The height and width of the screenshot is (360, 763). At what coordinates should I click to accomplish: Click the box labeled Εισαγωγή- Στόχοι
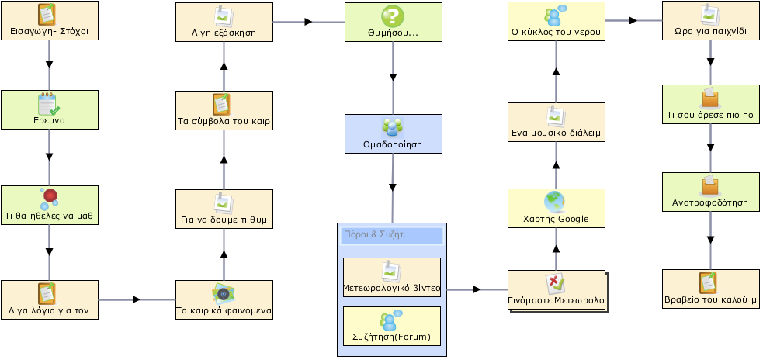[x=49, y=20]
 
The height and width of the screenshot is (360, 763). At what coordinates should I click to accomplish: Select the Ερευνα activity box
[x=49, y=109]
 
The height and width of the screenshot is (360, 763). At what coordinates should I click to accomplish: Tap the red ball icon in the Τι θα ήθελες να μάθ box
[x=50, y=196]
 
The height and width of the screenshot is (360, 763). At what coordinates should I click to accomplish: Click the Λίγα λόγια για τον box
[x=49, y=299]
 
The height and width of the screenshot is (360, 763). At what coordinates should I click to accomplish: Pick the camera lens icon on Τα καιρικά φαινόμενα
[x=224, y=292]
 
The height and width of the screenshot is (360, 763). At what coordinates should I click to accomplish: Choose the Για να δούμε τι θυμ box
[x=224, y=209]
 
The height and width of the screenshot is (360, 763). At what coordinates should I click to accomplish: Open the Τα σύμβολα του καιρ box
[x=224, y=111]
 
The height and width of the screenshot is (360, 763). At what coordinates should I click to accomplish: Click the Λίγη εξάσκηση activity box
[x=224, y=22]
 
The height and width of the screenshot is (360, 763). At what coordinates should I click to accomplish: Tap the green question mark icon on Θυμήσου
[x=393, y=16]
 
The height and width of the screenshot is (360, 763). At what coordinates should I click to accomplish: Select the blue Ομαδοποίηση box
[x=394, y=133]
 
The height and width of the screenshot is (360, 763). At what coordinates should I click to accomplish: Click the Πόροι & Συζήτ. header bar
[x=392, y=235]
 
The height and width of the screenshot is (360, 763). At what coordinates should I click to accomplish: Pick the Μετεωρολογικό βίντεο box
[x=392, y=277]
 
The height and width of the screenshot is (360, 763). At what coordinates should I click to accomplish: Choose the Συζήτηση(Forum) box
[x=392, y=326]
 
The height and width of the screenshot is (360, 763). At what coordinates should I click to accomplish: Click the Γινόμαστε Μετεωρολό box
[x=557, y=290]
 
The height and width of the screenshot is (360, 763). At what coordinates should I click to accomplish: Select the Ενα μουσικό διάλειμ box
[x=557, y=122]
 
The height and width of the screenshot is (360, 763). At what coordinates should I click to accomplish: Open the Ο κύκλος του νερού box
[x=557, y=22]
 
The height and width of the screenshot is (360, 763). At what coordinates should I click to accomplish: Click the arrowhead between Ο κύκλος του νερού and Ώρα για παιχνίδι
[x=633, y=20]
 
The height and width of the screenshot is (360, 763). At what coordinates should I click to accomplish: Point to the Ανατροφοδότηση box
[x=710, y=192]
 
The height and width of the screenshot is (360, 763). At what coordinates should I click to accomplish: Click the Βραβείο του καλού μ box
[x=710, y=289]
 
